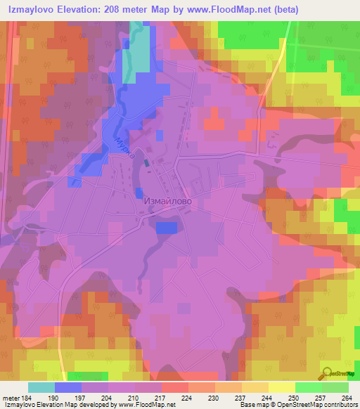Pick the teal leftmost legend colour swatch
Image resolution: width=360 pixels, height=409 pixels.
(x=41, y=387)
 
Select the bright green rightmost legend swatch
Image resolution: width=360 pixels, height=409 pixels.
(x=335, y=387)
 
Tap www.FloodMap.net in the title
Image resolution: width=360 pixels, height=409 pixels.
(x=223, y=10)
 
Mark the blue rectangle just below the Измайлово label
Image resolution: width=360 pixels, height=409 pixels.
(x=166, y=227)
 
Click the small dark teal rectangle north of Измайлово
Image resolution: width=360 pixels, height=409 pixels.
(x=146, y=164)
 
